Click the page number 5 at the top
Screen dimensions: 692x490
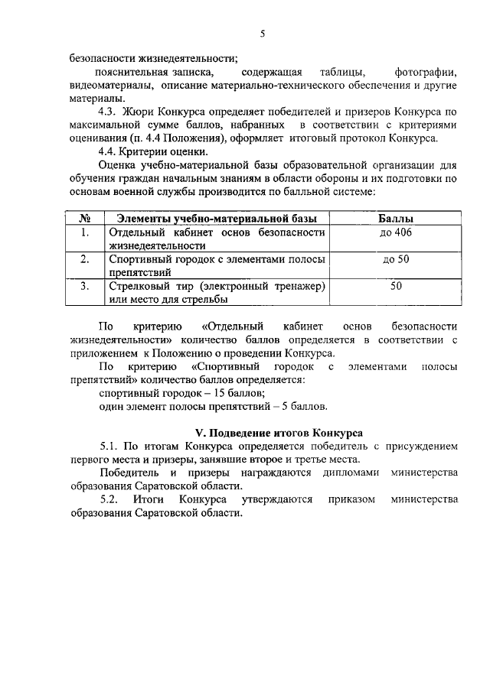(262, 34)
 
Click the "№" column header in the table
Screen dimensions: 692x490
(87, 219)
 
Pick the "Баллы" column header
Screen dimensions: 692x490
(396, 219)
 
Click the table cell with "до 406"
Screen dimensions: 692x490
(396, 232)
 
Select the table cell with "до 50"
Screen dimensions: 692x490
(396, 260)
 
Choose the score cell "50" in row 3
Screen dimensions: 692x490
(396, 287)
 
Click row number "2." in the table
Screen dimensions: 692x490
(87, 260)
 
